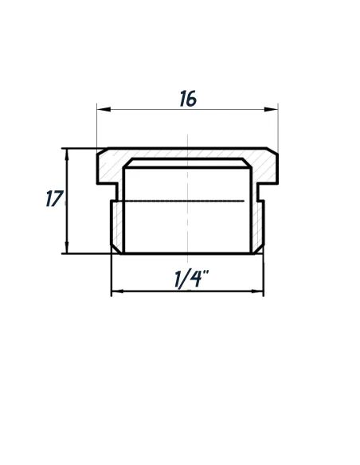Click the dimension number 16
click(188, 99)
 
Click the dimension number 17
click(53, 198)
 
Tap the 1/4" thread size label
click(190, 279)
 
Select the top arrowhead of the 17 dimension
click(66, 152)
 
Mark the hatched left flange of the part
click(109, 166)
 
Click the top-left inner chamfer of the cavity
click(127, 163)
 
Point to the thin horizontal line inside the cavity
click(187, 200)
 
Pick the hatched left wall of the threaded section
click(117, 223)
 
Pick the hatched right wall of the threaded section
click(258, 223)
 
